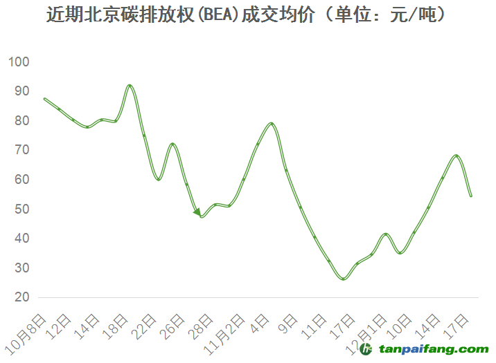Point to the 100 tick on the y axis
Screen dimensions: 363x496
tap(19, 62)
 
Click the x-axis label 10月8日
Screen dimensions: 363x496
tap(27, 333)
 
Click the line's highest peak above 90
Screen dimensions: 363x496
tap(130, 85)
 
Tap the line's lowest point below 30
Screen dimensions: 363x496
tap(343, 279)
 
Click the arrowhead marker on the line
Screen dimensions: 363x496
tap(197, 212)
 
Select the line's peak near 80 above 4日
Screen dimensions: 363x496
tap(271, 124)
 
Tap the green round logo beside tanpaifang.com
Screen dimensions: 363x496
tap(367, 349)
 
